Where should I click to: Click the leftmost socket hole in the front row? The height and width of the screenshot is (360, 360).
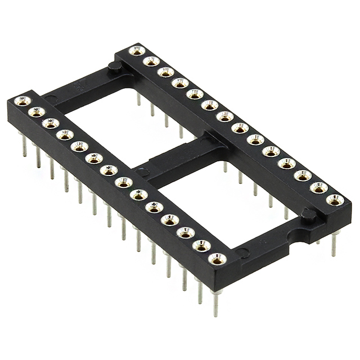[x=22, y=101]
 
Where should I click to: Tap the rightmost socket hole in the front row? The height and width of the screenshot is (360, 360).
[x=217, y=259]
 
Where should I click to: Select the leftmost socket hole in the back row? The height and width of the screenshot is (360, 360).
[x=137, y=51]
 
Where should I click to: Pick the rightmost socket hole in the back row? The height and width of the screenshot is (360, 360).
[x=335, y=200]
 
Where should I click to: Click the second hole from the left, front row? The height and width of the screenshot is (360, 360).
[x=37, y=112]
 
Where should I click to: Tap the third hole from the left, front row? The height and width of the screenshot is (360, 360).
[x=51, y=124]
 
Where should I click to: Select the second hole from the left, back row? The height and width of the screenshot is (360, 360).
[x=151, y=61]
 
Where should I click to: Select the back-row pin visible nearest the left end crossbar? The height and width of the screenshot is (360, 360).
[x=138, y=100]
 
